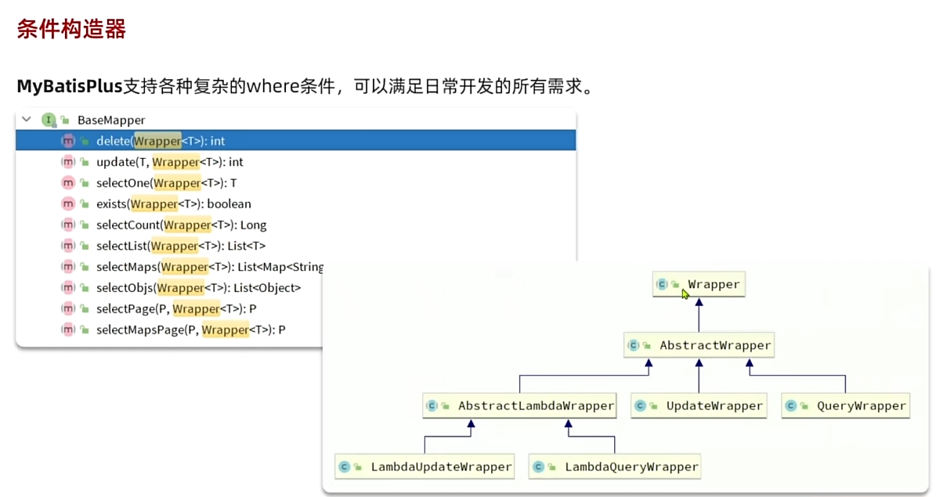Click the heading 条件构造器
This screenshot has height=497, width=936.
click(x=71, y=30)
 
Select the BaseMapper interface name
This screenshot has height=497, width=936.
click(x=110, y=120)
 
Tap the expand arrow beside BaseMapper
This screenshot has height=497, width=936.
click(x=27, y=120)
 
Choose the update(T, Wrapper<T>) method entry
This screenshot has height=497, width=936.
click(x=169, y=162)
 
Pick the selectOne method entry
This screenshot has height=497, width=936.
click(x=166, y=183)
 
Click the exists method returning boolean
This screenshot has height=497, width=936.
click(x=173, y=203)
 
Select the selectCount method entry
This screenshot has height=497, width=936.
click(x=181, y=225)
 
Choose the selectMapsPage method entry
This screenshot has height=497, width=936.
click(x=190, y=330)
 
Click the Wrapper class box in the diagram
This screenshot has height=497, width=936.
click(x=699, y=284)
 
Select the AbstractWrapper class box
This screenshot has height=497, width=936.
click(x=699, y=345)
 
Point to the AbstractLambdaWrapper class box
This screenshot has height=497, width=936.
click(x=519, y=405)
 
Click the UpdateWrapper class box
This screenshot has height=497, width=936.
click(x=699, y=405)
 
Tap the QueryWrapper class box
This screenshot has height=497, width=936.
click(x=846, y=405)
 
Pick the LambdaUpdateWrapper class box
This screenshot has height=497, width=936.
click(x=425, y=466)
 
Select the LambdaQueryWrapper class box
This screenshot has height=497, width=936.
click(x=615, y=466)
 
